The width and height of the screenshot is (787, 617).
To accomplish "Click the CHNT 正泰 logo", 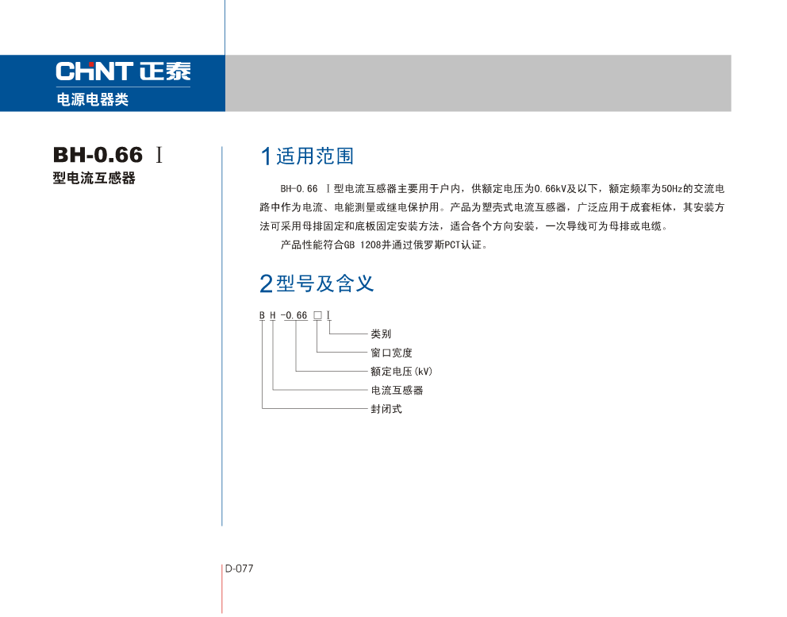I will (x=123, y=71).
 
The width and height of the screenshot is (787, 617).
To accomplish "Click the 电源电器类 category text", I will (x=92, y=100).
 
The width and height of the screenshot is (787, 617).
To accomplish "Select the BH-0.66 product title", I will (x=98, y=154).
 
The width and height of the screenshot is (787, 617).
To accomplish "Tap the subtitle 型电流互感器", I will (x=94, y=178).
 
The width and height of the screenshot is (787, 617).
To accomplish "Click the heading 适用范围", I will (x=315, y=156).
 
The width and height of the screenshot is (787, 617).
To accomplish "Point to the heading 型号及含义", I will (x=325, y=283).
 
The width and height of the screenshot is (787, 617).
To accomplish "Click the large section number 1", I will (x=267, y=156).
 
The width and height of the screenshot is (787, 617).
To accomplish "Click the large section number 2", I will (x=267, y=283).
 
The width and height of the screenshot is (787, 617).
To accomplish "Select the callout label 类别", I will (x=381, y=334).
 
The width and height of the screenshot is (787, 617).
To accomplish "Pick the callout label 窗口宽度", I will (x=391, y=353).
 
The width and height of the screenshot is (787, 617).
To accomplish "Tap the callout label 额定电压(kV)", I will (x=401, y=372).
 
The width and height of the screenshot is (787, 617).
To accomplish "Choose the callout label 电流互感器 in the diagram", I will (x=397, y=390).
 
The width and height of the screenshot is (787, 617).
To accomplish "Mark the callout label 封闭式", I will (x=386, y=409).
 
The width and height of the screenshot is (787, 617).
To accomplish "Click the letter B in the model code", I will (x=262, y=315).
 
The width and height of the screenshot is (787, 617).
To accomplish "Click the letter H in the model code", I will (x=273, y=315).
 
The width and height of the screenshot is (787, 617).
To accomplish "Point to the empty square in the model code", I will (x=317, y=315).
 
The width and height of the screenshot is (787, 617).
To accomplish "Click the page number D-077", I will (x=239, y=569).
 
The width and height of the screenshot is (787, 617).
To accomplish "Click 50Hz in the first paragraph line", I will (x=670, y=189).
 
